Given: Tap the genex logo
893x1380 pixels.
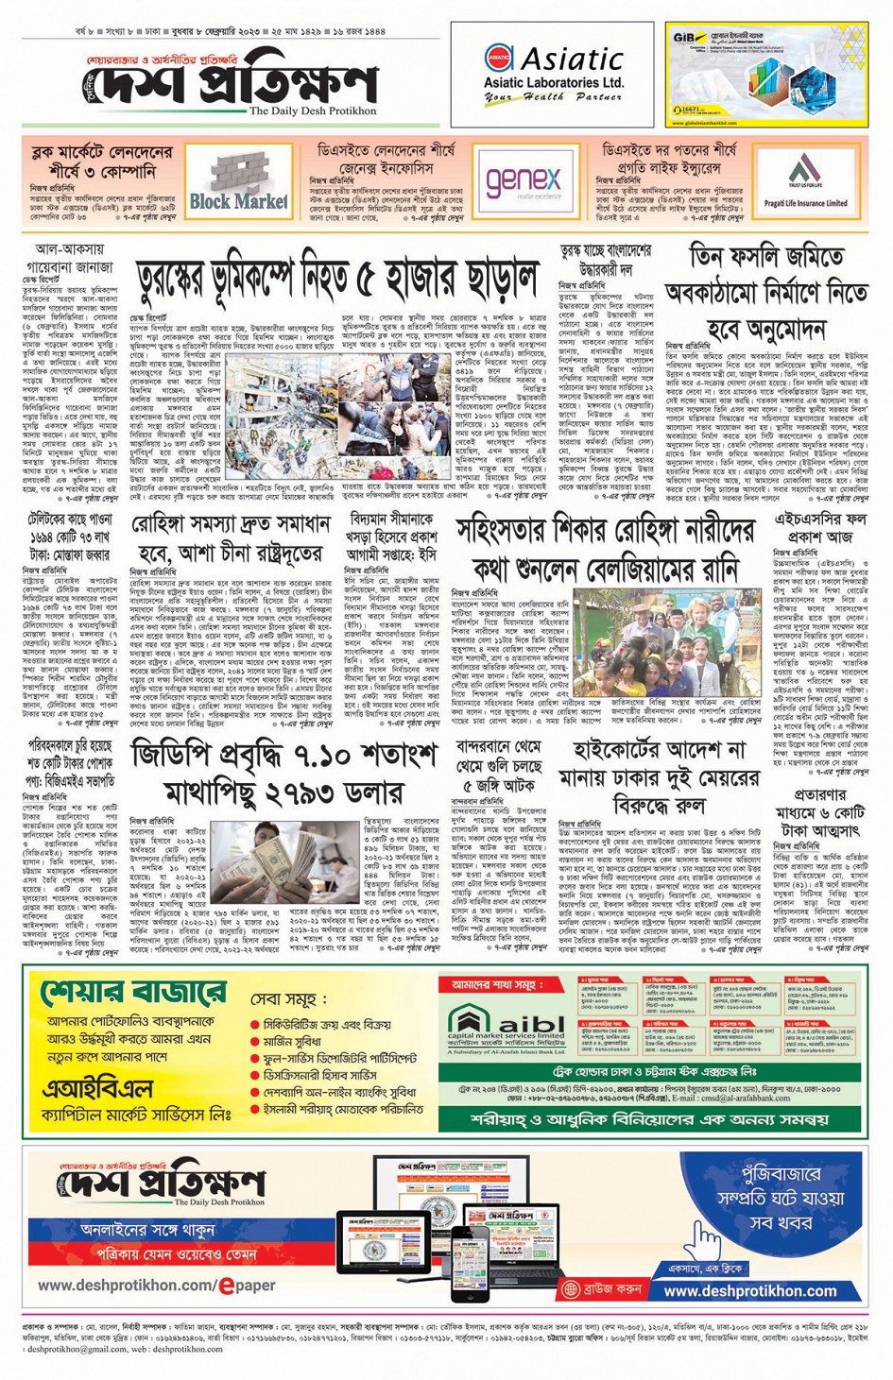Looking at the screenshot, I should [x=524, y=180].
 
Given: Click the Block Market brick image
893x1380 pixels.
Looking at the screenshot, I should [x=238, y=180].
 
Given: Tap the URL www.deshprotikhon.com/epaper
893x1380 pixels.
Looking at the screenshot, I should [x=157, y=1286].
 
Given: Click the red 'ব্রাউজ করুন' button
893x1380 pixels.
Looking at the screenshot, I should [x=602, y=1287].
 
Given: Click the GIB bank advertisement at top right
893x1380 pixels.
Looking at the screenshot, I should [x=766, y=75].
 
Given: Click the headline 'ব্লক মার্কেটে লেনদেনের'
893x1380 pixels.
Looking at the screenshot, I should [x=101, y=151].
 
